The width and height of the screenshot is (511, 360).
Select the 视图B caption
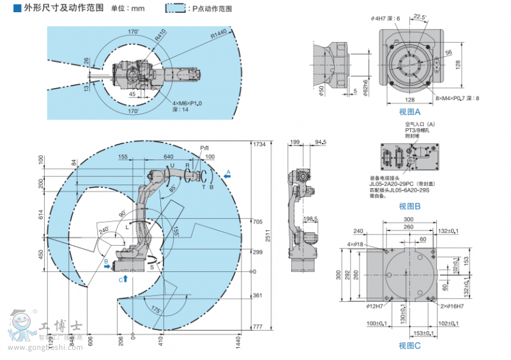point(409,206)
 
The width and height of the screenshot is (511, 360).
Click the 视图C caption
point(409,345)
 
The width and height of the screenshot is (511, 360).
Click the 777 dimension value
point(257,327)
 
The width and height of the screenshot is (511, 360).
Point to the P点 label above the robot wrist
point(204,147)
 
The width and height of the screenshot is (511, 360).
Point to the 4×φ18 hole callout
point(356,244)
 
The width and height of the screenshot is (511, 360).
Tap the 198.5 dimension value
point(311,218)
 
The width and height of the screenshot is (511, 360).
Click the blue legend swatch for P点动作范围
point(176,9)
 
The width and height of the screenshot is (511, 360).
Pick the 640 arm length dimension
point(168,156)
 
